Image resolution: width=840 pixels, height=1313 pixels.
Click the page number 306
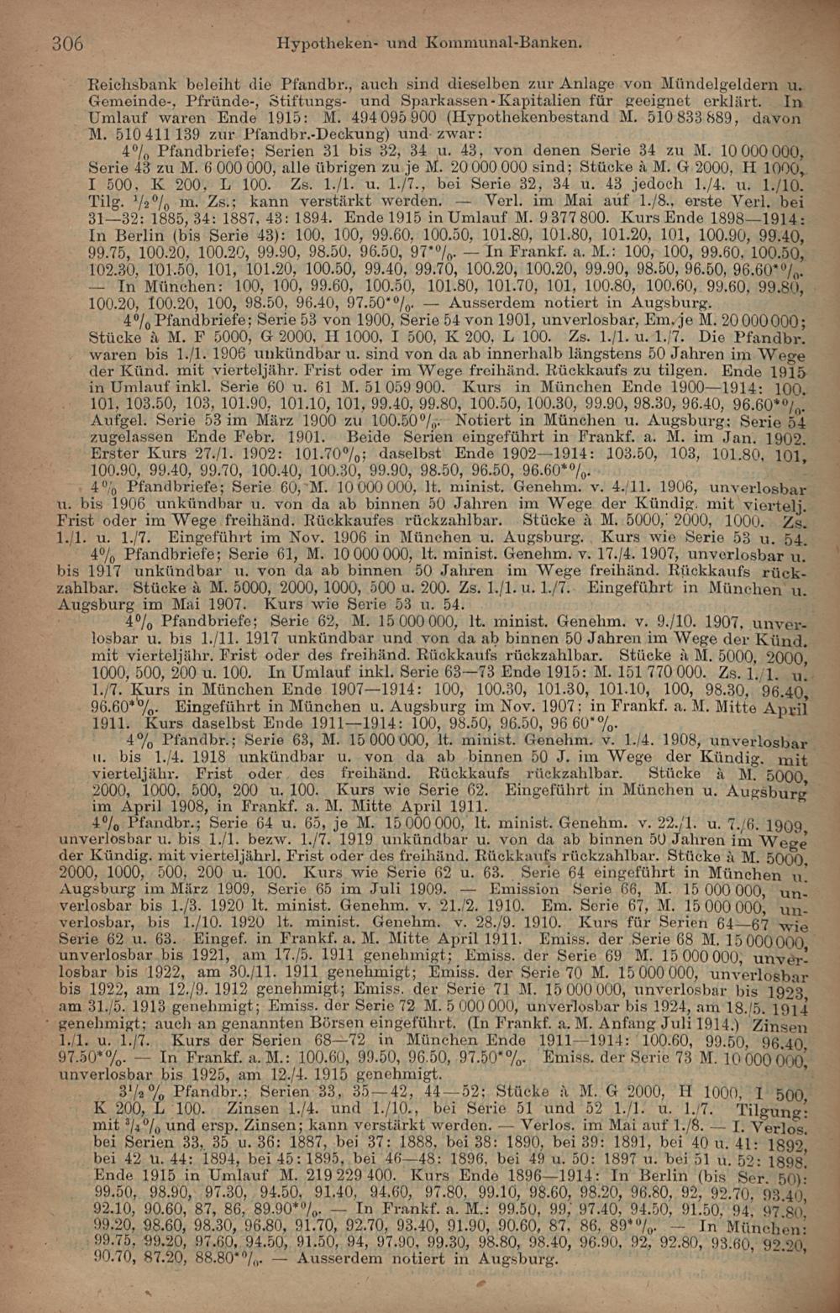(67, 41)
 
